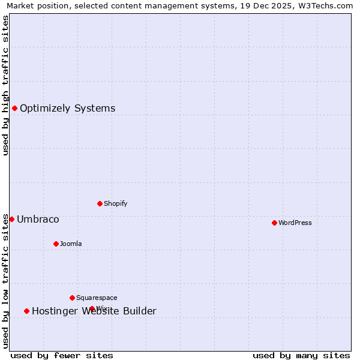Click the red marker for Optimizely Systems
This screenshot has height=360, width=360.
pos(14,108)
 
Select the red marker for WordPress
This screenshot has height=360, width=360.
pos(274,223)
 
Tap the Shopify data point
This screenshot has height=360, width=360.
pos(100,203)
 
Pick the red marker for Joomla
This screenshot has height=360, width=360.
pos(56,244)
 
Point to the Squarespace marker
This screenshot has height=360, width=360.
pos(72,298)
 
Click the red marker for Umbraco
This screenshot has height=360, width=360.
pos(11,219)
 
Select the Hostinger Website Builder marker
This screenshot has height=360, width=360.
pos(26,311)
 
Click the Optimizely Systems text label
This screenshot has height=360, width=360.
pos(67,109)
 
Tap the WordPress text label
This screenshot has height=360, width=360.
pos(295,223)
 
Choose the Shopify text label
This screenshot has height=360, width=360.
pos(116,204)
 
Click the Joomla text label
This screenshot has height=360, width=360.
pos(71,244)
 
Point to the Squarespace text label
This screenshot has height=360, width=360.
pos(97,298)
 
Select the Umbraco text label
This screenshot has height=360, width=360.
pos(38,220)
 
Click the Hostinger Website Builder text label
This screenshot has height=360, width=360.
pos(94,311)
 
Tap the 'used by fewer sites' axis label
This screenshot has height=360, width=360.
pos(62,355)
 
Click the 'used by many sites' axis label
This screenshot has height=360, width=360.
pos(301,355)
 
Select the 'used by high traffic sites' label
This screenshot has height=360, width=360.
pos(5,85)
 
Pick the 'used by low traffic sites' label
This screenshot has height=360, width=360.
pos(5,281)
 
